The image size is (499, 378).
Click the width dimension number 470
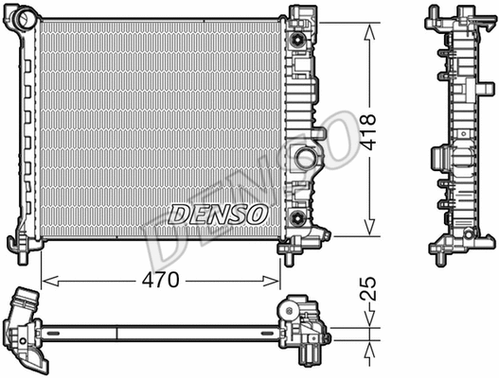coord(162,281)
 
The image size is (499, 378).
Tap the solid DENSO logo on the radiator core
coord(218,215)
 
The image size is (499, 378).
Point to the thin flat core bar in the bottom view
coord(161,331)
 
